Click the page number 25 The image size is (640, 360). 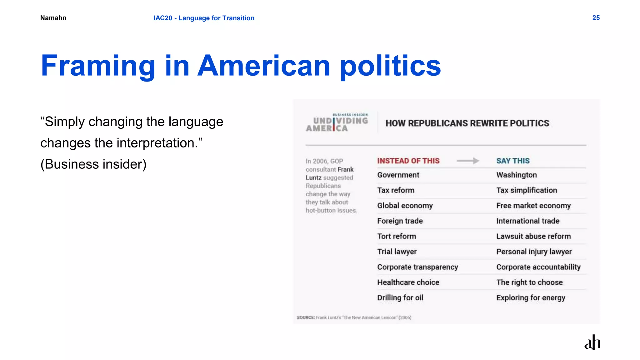[596, 18]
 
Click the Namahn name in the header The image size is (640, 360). [53, 18]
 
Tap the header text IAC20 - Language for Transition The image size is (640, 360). [204, 18]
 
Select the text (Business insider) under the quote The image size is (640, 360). [93, 164]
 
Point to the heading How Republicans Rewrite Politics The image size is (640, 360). [467, 123]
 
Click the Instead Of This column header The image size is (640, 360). [408, 161]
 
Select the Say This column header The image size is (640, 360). [513, 161]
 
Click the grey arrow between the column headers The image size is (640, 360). [467, 161]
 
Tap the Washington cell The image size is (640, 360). [516, 175]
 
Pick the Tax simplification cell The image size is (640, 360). [527, 190]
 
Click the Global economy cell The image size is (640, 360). [405, 206]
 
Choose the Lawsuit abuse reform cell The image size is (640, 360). [533, 236]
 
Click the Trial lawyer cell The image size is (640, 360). [397, 252]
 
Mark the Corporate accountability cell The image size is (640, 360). [538, 267]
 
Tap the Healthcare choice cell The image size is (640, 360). [408, 282]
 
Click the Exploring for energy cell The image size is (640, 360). [531, 297]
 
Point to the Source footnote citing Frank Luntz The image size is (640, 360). [354, 317]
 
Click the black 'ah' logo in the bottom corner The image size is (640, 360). [592, 342]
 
